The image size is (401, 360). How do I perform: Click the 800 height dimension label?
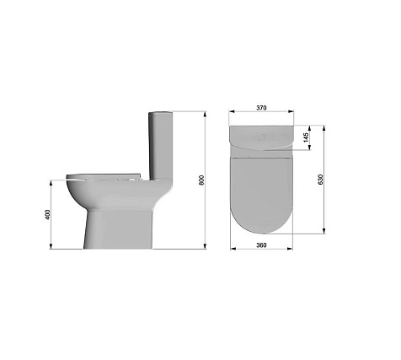click(x=201, y=180)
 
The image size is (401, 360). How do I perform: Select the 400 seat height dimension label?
click(x=47, y=214)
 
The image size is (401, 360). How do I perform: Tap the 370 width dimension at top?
click(x=261, y=108)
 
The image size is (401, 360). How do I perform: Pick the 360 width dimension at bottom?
click(x=261, y=245)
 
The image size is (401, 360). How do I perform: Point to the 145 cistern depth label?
click(x=306, y=137)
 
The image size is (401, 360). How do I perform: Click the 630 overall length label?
click(x=320, y=180)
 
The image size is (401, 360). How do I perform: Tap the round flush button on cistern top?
click(x=261, y=137)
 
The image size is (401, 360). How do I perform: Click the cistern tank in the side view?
click(x=160, y=146)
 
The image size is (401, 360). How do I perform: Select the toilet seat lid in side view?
click(x=104, y=176)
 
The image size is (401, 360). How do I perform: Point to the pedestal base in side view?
click(x=118, y=229)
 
